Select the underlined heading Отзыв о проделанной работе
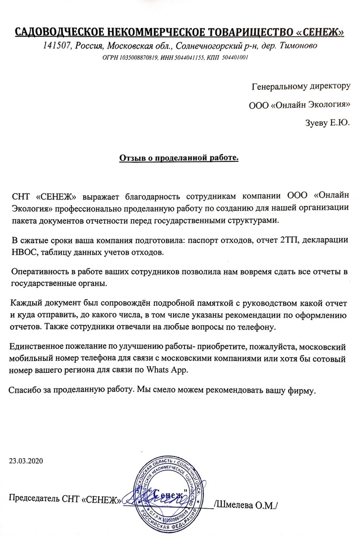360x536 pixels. pyautogui.click(x=179, y=158)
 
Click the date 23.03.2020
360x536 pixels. pyautogui.click(x=26, y=461)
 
